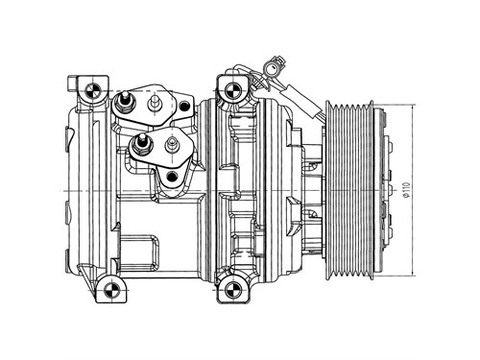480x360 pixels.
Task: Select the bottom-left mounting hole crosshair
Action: click(x=111, y=290)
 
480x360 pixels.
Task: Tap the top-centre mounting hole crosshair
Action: click(x=231, y=90)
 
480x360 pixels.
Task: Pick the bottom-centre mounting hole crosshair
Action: click(x=231, y=290)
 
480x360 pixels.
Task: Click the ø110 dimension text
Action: click(x=406, y=190)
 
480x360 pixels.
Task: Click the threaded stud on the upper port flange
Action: click(x=125, y=101)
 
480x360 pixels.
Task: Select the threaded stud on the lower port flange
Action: click(x=140, y=145)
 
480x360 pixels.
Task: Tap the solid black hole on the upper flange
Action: click(x=184, y=106)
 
